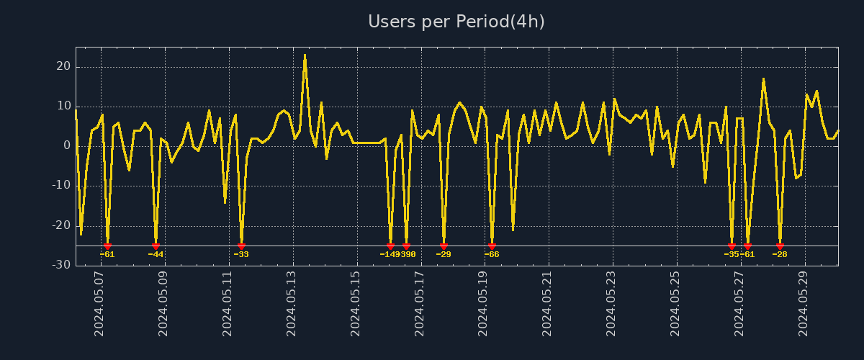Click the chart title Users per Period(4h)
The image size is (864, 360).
456,22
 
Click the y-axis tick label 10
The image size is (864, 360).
63,107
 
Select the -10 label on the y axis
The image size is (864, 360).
60,186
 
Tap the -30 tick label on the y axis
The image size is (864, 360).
60,265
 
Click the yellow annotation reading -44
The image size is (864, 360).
156,254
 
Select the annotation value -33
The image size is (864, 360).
241,254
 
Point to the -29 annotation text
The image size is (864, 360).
444,254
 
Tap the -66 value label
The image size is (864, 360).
492,254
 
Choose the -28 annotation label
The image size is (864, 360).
780,254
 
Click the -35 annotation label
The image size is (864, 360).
731,254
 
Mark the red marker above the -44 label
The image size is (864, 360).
156,246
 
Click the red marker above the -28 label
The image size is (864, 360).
780,246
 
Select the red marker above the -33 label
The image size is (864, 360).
241,246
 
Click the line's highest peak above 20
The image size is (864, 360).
305,55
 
